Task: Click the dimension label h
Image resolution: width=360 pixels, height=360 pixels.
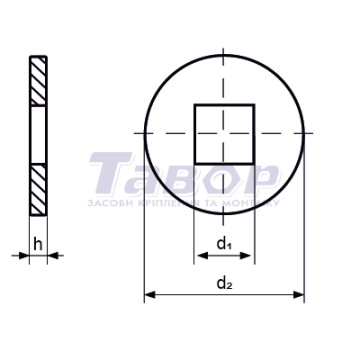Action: coord(38,245)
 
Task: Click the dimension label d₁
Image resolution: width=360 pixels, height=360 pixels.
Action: coord(224,244)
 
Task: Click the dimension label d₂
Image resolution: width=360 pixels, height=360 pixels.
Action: coord(224,283)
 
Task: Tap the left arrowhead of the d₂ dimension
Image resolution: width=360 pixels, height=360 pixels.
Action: coord(149,295)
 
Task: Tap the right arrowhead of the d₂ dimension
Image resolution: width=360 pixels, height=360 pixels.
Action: coord(299,295)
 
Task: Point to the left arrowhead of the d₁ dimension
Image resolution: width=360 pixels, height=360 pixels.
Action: coord(202,256)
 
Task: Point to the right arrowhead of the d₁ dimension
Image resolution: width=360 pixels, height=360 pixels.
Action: coord(246,256)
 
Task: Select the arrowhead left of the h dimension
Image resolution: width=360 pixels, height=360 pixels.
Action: coord(24,256)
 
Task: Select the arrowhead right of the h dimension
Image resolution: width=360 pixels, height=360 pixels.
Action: coord(53,256)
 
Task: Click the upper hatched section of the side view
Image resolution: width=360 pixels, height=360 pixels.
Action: coord(38,81)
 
